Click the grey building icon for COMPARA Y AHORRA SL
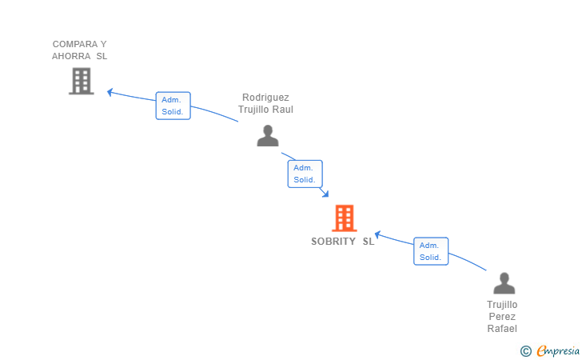click(82, 81)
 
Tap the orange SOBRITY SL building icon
click(345, 218)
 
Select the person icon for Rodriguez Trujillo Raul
click(268, 136)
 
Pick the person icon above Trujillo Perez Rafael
click(504, 283)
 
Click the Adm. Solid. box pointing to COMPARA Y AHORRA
click(173, 106)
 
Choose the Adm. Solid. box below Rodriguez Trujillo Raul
click(305, 174)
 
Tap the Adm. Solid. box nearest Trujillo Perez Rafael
click(431, 251)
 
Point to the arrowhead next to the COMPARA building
click(110, 92)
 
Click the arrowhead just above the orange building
click(325, 194)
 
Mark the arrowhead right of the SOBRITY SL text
click(377, 234)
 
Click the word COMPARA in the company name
click(75, 44)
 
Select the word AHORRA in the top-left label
click(71, 56)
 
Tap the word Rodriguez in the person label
click(265, 98)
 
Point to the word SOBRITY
click(333, 242)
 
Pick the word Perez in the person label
click(502, 317)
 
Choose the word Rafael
click(502, 329)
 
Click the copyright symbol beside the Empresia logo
click(526, 351)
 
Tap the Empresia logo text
click(558, 350)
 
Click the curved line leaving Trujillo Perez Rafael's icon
click(468, 261)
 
